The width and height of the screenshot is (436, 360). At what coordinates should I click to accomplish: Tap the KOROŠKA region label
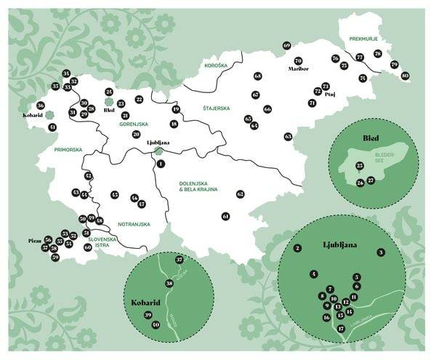click(217, 65)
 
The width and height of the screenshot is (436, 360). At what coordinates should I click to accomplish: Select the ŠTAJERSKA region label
click(217, 108)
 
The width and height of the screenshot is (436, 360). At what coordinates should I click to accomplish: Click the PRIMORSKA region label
click(68, 150)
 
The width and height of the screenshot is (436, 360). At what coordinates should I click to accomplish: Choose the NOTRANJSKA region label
click(133, 224)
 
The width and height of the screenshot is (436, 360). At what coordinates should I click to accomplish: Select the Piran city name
click(33, 239)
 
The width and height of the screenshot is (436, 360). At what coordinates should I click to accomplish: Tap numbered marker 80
click(405, 76)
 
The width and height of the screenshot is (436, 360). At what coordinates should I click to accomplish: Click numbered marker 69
click(287, 46)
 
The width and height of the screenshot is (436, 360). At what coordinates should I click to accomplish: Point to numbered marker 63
click(288, 137)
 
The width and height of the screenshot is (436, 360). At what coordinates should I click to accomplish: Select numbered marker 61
click(226, 216)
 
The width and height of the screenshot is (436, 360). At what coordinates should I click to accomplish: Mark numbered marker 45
click(115, 195)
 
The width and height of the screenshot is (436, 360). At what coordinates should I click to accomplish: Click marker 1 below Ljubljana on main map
click(161, 164)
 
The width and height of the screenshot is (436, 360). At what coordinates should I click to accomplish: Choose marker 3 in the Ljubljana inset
click(380, 252)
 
